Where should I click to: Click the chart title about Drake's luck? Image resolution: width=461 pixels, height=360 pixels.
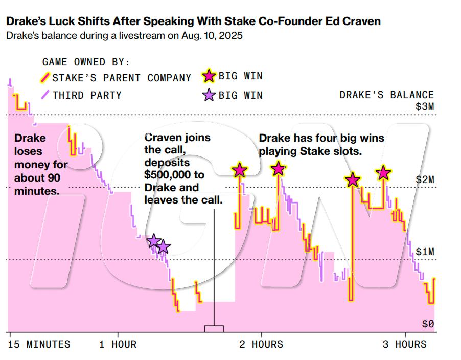point(193,22)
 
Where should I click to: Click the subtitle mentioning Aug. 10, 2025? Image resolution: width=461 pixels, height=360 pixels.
point(124,36)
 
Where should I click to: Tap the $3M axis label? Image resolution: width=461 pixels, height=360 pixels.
point(424,107)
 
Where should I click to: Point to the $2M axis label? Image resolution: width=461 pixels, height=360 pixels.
point(424,179)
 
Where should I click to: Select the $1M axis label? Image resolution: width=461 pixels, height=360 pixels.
point(424,252)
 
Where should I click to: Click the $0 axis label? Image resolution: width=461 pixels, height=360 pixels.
point(428,324)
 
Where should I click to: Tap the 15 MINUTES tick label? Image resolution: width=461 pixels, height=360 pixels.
point(40,344)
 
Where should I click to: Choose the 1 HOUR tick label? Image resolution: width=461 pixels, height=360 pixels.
point(118,344)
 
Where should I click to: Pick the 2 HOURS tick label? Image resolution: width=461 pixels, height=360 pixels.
point(261,344)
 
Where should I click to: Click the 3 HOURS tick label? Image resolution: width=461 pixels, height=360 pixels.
point(405,344)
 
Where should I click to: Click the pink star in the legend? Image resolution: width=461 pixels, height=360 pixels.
point(209,77)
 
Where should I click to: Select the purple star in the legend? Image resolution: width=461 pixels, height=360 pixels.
point(209,95)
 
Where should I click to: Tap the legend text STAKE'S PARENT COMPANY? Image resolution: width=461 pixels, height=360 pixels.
point(122,78)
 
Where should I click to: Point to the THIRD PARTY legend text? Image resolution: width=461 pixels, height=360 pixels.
point(87,95)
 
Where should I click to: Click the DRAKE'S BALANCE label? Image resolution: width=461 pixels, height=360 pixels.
point(386,95)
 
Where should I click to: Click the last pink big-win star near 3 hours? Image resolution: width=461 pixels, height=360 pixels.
point(384,173)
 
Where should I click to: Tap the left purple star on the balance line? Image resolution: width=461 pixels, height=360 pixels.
point(153,241)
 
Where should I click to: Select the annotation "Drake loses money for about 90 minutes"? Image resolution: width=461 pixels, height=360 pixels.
point(41,165)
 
